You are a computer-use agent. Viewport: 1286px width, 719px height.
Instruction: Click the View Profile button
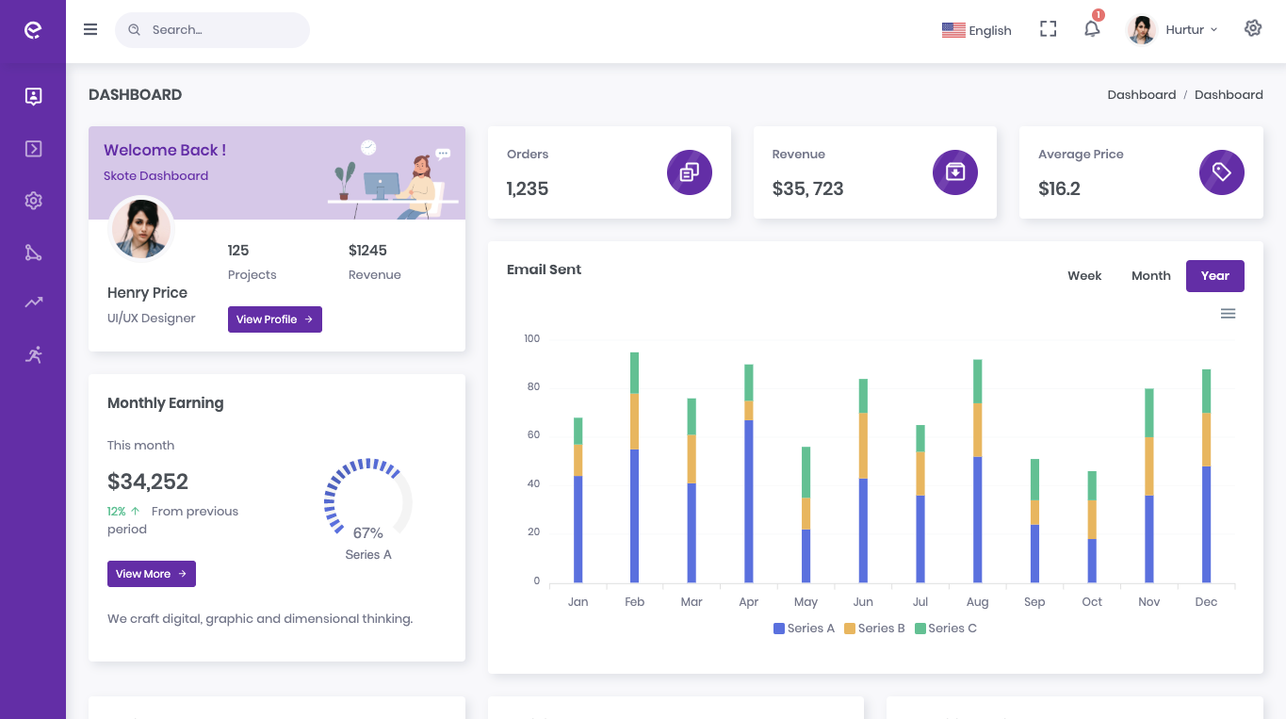click(x=274, y=319)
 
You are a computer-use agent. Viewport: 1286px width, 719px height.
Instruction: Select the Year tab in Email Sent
click(x=1214, y=276)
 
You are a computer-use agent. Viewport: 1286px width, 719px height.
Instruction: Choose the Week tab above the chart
click(x=1084, y=276)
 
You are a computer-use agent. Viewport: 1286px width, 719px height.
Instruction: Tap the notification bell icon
click(x=1092, y=29)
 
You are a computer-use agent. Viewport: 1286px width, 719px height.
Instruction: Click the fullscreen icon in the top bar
click(x=1048, y=29)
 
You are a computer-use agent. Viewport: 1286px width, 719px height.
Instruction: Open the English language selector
click(x=977, y=30)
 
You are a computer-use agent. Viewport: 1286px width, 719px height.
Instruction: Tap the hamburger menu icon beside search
click(x=90, y=29)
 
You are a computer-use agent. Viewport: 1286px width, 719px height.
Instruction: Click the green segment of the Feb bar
click(x=635, y=373)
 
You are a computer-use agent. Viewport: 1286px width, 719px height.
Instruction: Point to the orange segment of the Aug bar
click(x=978, y=431)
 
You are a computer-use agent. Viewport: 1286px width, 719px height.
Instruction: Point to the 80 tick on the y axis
click(x=533, y=386)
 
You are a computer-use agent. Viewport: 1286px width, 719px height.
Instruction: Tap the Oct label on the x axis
click(x=1092, y=602)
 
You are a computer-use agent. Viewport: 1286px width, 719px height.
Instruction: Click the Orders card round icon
click(x=690, y=172)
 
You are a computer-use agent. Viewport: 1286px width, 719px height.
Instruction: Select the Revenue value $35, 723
click(x=807, y=188)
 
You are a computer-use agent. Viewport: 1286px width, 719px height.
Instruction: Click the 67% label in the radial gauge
click(x=367, y=533)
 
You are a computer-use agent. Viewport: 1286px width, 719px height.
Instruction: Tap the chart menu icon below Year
click(x=1228, y=314)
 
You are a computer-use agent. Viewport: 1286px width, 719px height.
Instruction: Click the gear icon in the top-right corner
click(x=1253, y=28)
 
